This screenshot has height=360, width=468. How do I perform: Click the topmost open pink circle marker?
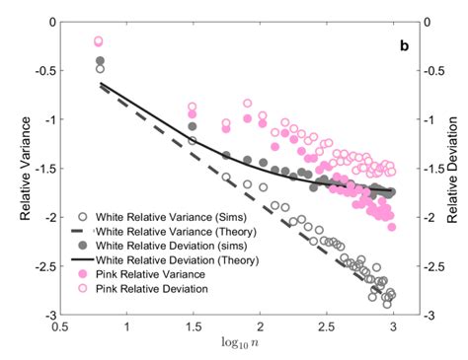99,41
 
